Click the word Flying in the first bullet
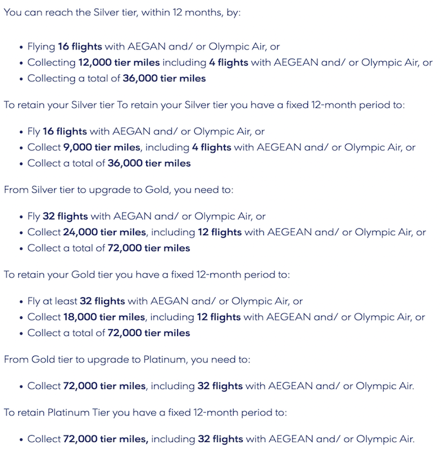42,47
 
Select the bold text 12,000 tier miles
120,62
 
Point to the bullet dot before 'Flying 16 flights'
21,47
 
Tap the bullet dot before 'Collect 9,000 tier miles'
21,148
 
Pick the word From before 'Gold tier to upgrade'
16,359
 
